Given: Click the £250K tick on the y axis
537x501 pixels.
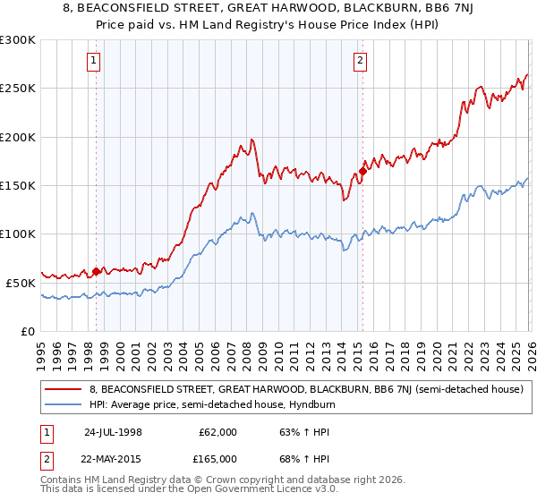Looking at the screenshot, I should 20,89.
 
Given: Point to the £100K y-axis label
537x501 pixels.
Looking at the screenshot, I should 20,234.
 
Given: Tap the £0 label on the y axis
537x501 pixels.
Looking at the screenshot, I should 29,331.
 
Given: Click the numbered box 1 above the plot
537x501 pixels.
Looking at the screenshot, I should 95,62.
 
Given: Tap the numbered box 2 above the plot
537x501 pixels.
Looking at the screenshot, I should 360,62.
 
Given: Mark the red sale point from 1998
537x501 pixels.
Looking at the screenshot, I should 97,271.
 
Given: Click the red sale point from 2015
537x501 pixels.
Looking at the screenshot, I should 362,171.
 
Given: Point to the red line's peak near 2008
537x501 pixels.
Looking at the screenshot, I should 252,140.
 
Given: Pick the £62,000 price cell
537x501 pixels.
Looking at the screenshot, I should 217,432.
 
